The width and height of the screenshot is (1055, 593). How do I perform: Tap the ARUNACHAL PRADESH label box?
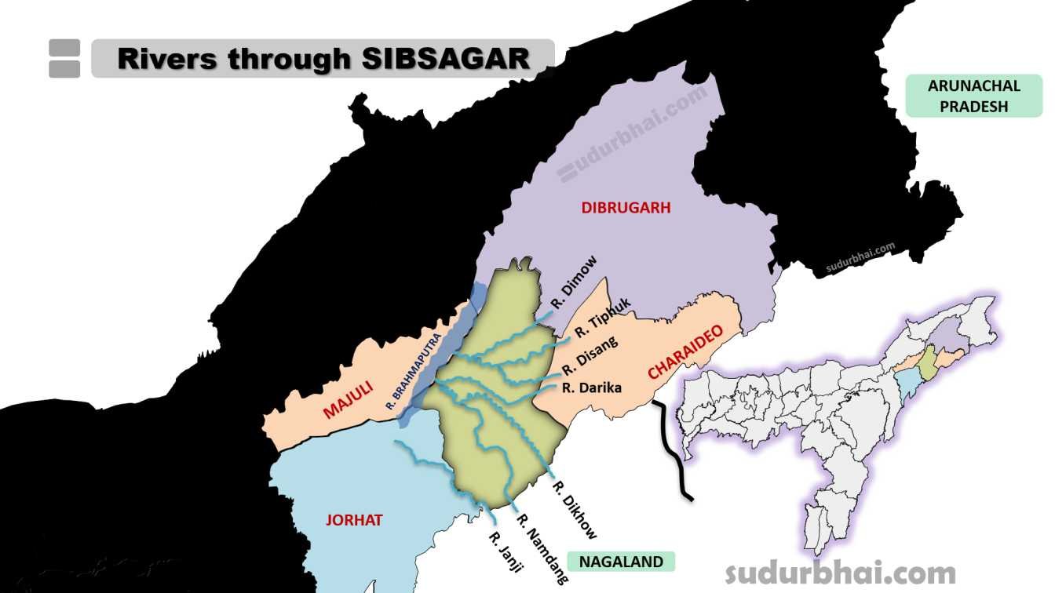[973, 96]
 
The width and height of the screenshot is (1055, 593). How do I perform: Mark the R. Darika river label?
[592, 387]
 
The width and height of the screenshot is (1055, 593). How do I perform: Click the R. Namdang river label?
[540, 548]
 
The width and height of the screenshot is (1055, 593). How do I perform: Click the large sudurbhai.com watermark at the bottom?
[840, 573]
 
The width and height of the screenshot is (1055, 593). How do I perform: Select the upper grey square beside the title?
[64, 48]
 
